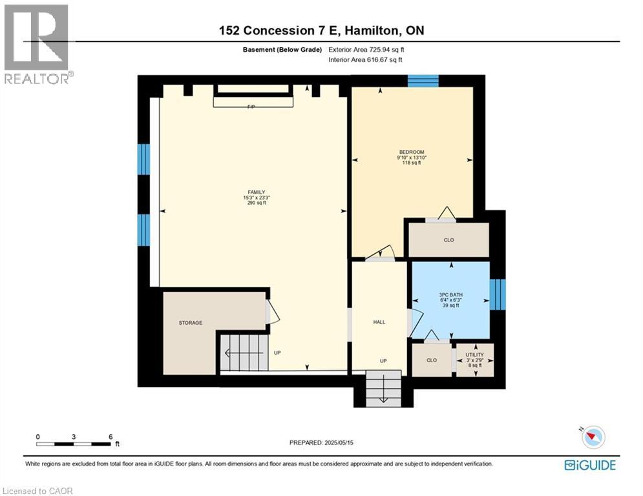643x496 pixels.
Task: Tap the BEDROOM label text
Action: (411, 152)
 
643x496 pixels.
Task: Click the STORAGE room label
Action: (191, 323)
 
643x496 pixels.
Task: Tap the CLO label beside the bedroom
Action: (448, 240)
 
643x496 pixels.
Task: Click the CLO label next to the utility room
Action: (431, 360)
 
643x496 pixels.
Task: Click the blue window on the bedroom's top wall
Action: (423, 81)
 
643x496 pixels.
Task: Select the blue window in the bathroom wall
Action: (497, 294)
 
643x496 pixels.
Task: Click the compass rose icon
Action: (593, 437)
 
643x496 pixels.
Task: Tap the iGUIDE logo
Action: (589, 465)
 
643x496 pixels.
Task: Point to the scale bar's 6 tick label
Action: (111, 437)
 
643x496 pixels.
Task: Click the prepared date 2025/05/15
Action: (322, 442)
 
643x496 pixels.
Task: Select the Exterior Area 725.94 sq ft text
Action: (366, 49)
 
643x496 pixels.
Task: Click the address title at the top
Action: (321, 30)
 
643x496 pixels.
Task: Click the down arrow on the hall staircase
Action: (383, 397)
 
